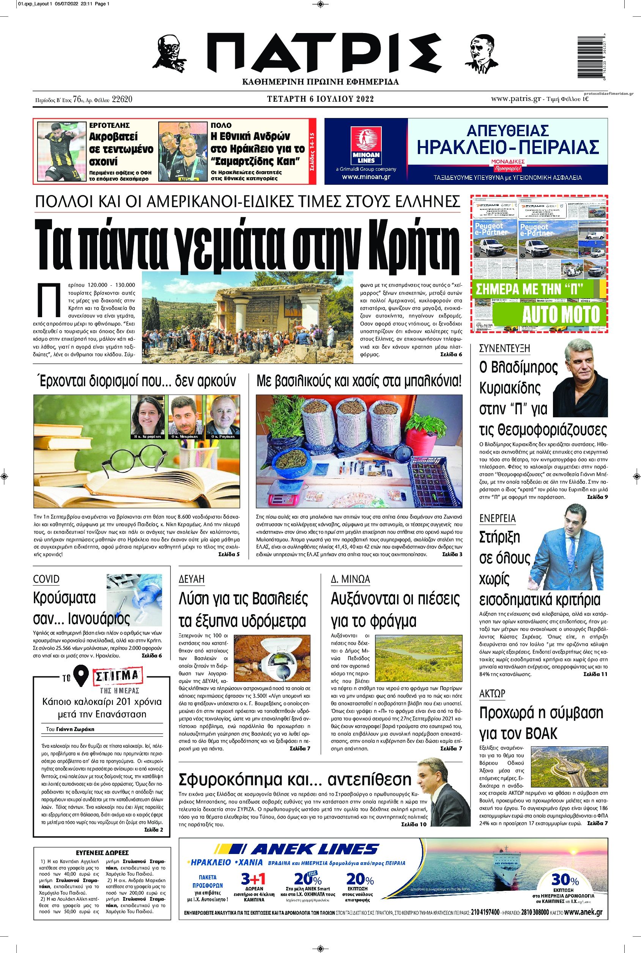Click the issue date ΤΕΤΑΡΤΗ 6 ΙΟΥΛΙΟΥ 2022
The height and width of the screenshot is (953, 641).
point(320,99)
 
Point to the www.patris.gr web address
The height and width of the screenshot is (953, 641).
point(516,99)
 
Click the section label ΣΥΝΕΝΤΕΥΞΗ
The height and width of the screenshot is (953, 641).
point(504,348)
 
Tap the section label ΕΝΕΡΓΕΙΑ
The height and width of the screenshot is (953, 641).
point(497,519)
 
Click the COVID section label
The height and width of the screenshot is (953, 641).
point(46,579)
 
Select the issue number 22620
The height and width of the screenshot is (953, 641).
point(121,99)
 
